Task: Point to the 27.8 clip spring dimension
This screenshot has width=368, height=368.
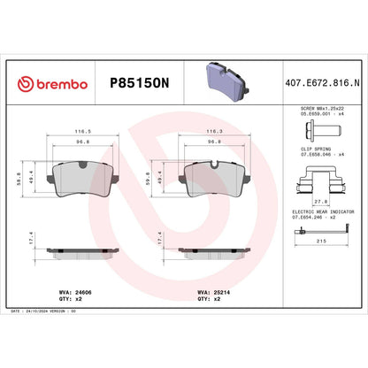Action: pyautogui.click(x=321, y=202)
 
